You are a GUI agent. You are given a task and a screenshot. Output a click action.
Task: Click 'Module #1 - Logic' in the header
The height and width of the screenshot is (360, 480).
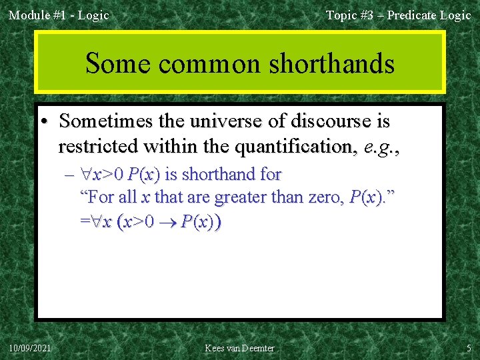(x=59, y=15)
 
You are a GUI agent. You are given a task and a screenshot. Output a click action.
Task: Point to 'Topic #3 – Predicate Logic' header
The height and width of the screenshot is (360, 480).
(x=398, y=15)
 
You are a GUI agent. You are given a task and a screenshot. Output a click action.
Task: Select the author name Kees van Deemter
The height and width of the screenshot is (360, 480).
(x=239, y=348)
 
